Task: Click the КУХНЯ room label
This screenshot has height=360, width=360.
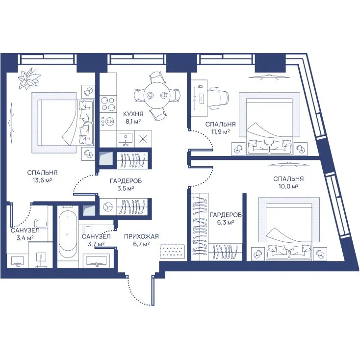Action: [133, 114]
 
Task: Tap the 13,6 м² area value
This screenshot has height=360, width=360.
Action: [42, 180]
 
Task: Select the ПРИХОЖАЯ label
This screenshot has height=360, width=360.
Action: [141, 236]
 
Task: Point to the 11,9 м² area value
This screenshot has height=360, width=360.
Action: [220, 132]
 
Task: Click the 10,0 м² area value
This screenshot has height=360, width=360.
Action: [288, 186]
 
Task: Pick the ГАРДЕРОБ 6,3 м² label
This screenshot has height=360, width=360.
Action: [226, 219]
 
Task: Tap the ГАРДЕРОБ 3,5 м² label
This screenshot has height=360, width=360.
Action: [126, 185]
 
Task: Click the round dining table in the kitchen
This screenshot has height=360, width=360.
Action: [157, 95]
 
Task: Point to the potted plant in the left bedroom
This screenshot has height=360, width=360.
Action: [29, 78]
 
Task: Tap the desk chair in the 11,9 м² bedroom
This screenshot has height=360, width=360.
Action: [218, 98]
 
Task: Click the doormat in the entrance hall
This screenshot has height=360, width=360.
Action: [173, 252]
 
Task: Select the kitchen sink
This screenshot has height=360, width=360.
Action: [126, 139]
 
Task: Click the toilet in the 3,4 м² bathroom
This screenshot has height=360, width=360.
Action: [41, 227]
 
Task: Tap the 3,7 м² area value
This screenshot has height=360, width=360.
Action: [97, 244]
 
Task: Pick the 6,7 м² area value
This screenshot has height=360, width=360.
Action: [141, 244]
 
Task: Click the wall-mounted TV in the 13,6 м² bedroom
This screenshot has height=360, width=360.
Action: [11, 123]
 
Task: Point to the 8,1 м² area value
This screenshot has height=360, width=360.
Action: [133, 122]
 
